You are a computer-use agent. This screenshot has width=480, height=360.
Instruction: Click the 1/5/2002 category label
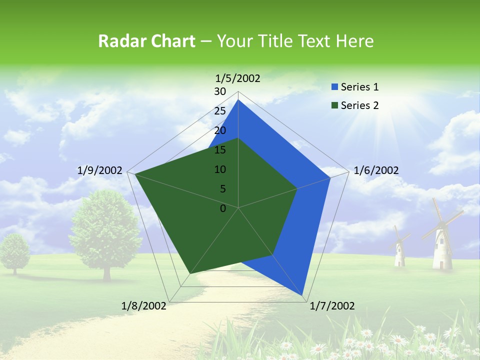coord(238,78)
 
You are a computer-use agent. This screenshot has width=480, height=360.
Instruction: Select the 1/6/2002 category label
coord(376,170)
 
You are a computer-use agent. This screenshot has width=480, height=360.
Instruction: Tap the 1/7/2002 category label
coord(332,306)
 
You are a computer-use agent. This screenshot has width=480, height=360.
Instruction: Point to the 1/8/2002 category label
coord(144,306)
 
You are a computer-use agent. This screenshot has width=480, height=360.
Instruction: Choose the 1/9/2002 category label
coord(99,170)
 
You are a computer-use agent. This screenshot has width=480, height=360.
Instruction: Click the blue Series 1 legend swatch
coord(334,87)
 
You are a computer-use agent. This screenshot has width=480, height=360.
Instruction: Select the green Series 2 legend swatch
coord(334,105)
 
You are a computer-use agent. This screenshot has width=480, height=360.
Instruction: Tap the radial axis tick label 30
coord(220,91)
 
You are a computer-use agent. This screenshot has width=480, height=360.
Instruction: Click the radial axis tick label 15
coord(220,150)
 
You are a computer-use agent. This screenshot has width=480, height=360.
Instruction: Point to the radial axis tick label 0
coord(223,208)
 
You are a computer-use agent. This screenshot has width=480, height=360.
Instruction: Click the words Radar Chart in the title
coord(146,41)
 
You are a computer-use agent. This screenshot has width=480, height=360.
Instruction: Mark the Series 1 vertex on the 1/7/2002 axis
coord(303,295)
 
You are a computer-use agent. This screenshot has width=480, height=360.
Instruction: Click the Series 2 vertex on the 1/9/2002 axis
coord(134,174)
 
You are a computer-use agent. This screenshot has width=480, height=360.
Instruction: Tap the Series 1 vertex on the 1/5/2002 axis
coord(238,99)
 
